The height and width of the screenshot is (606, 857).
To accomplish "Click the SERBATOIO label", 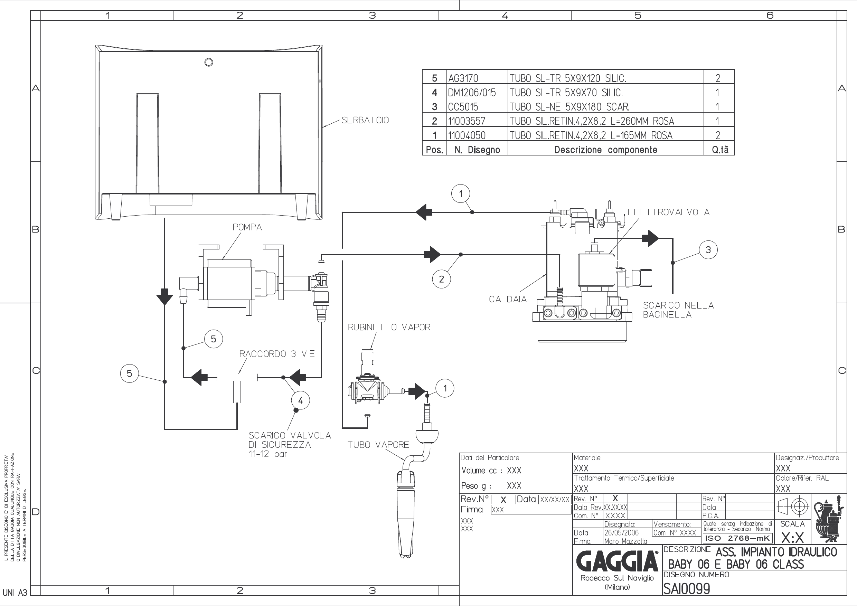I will [x=365, y=120].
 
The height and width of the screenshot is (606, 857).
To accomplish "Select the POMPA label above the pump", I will [x=247, y=227].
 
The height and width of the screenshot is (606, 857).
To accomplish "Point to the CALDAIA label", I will [x=508, y=299].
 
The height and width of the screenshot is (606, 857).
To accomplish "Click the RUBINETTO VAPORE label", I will [x=392, y=327].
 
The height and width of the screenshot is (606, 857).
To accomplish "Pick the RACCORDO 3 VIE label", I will [x=277, y=354].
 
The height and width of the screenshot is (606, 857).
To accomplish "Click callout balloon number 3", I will [x=708, y=250].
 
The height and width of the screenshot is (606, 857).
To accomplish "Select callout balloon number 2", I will [x=442, y=279].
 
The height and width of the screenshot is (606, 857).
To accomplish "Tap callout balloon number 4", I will [x=301, y=401].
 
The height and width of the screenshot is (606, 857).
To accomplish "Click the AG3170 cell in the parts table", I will [x=463, y=78].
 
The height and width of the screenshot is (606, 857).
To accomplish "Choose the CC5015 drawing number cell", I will [x=463, y=107].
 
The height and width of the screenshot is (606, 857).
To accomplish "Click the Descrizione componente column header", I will [x=605, y=150].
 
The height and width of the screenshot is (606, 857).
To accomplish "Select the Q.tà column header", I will [x=720, y=150].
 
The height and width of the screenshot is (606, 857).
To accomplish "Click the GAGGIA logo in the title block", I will [x=618, y=561].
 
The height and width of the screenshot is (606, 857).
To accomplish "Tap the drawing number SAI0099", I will [x=686, y=589].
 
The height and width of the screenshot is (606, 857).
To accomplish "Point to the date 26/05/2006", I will [x=621, y=532].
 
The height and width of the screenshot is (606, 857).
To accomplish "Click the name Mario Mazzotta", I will [x=625, y=541].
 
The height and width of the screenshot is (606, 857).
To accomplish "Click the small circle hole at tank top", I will [x=209, y=62].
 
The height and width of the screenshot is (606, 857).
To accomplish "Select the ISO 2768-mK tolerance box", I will [x=737, y=538].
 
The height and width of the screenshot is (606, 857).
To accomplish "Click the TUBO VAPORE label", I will [x=378, y=445].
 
